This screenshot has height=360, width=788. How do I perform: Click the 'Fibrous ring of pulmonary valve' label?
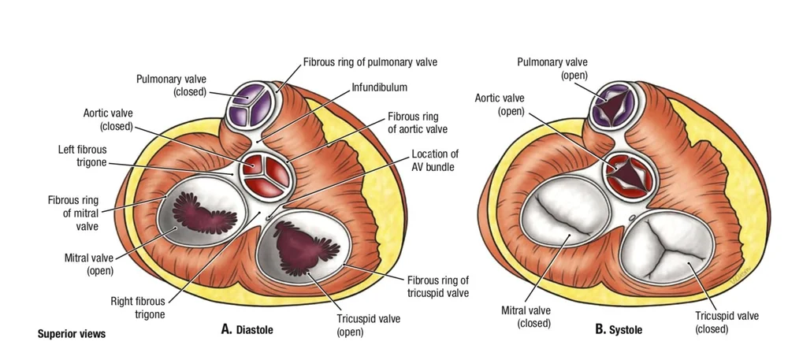coord(370,61)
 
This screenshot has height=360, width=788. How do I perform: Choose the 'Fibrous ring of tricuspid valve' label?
coord(437,287)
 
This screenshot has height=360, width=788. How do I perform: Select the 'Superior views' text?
coord(72,334)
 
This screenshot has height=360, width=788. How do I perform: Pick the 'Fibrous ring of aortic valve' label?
coord(419,121)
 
